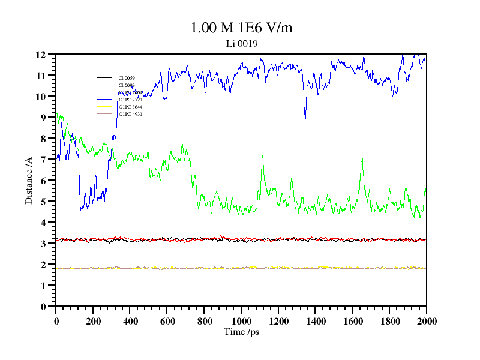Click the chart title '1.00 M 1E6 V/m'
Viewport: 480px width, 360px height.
pyautogui.click(x=241, y=28)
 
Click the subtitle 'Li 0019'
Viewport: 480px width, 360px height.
pyautogui.click(x=242, y=43)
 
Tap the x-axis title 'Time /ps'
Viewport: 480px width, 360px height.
pyautogui.click(x=241, y=331)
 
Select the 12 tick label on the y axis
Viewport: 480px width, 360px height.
pyautogui.click(x=41, y=55)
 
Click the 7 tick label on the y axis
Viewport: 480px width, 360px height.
pyautogui.click(x=43, y=160)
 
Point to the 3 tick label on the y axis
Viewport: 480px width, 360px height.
pyautogui.click(x=43, y=244)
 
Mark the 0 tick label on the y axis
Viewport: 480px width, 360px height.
pyautogui.click(x=43, y=307)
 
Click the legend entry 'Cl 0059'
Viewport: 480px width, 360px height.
pyautogui.click(x=127, y=78)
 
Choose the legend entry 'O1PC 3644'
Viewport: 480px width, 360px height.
pyautogui.click(x=130, y=107)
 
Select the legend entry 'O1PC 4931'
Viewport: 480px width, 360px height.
pyautogui.click(x=130, y=114)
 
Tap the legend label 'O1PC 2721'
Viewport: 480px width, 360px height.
pyautogui.click(x=130, y=100)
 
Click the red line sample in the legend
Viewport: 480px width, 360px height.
pyautogui.click(x=104, y=85)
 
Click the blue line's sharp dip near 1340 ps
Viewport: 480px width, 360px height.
pyautogui.click(x=305, y=119)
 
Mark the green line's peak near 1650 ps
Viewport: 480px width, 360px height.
pyautogui.click(x=362, y=159)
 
